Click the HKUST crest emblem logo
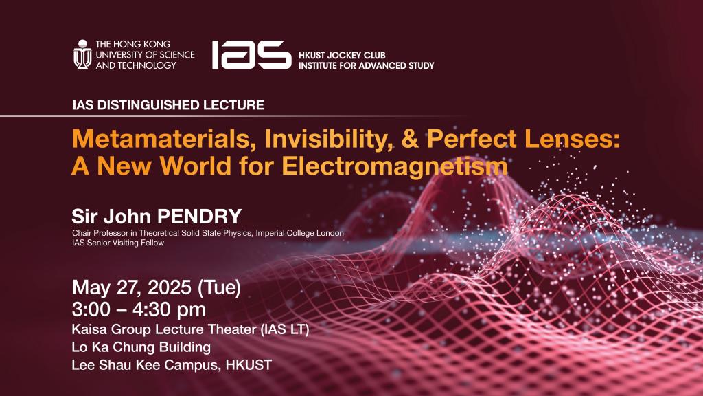coord(82,54)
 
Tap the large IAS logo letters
coord(251,54)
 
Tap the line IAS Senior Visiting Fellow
coord(118,243)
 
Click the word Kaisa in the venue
coord(88,330)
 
